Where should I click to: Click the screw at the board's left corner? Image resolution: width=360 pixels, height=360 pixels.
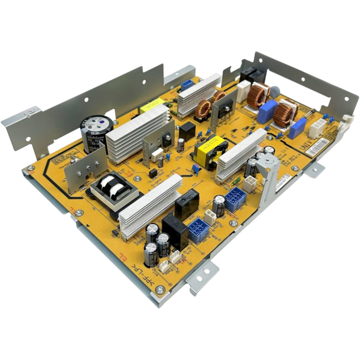point(30,171)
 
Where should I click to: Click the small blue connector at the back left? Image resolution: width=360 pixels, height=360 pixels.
point(186,85)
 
